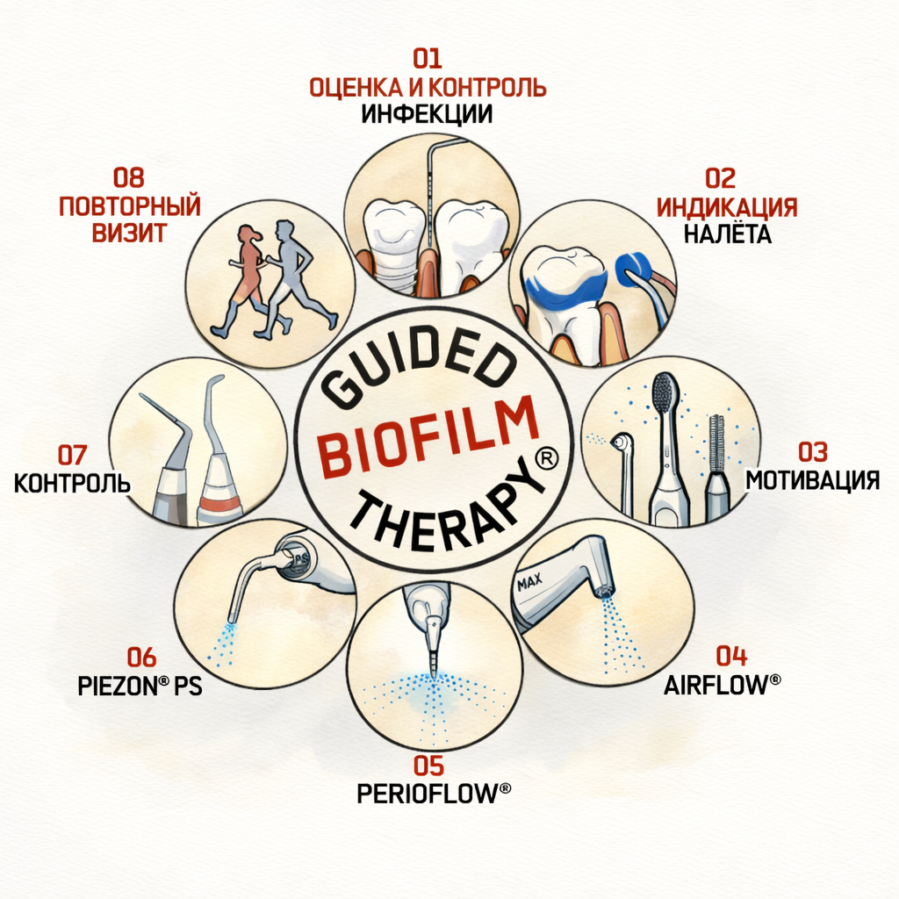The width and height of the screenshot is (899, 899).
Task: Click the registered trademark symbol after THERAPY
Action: [546, 460]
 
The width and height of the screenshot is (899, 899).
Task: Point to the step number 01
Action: [427, 60]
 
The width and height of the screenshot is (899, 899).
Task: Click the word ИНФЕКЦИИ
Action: [427, 114]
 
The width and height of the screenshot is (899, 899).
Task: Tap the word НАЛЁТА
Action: [727, 234]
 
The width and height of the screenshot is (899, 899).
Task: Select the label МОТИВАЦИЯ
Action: [812, 480]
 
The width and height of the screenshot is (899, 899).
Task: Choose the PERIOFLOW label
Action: [434, 793]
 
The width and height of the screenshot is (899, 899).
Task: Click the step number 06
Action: [140, 657]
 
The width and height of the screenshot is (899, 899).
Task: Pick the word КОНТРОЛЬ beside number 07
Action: [72, 483]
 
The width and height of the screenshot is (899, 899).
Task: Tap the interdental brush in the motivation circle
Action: [716, 443]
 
